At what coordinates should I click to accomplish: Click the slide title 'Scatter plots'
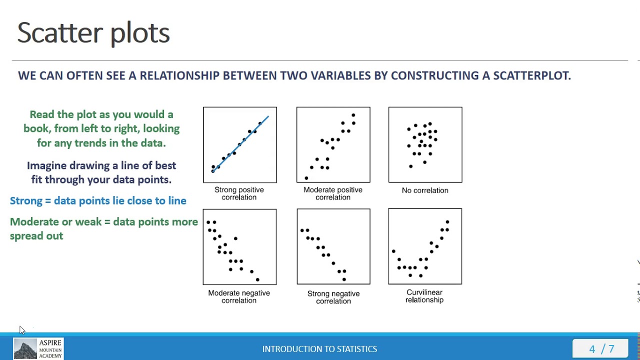pos(93,33)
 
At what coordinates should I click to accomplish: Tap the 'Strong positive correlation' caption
pos(239,193)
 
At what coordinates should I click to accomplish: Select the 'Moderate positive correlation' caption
pos(333,193)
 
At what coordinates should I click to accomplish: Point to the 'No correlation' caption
pos(425,190)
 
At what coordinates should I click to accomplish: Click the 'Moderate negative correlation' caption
pos(239,296)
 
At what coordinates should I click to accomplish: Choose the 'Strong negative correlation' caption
pos(333,297)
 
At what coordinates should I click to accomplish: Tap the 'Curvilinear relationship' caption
pos(424,296)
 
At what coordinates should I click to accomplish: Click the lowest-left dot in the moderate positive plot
pos(306,178)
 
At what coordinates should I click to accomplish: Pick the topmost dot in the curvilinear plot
pos(447,222)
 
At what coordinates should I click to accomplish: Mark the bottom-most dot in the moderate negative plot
pos(257,279)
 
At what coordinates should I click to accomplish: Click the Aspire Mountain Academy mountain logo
pos(25,348)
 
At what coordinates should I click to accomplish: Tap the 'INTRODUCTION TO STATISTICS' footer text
pos(319,349)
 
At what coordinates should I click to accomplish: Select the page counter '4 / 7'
pos(601,349)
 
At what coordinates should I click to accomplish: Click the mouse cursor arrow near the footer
pos(22,330)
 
